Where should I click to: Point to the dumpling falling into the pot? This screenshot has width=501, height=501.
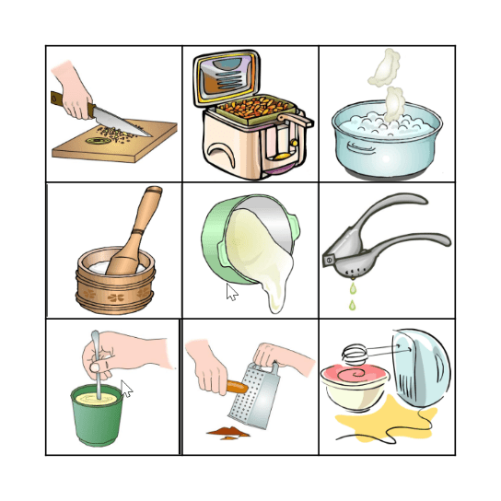coord(394,100)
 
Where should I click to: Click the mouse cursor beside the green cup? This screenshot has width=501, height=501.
coord(126,388)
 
